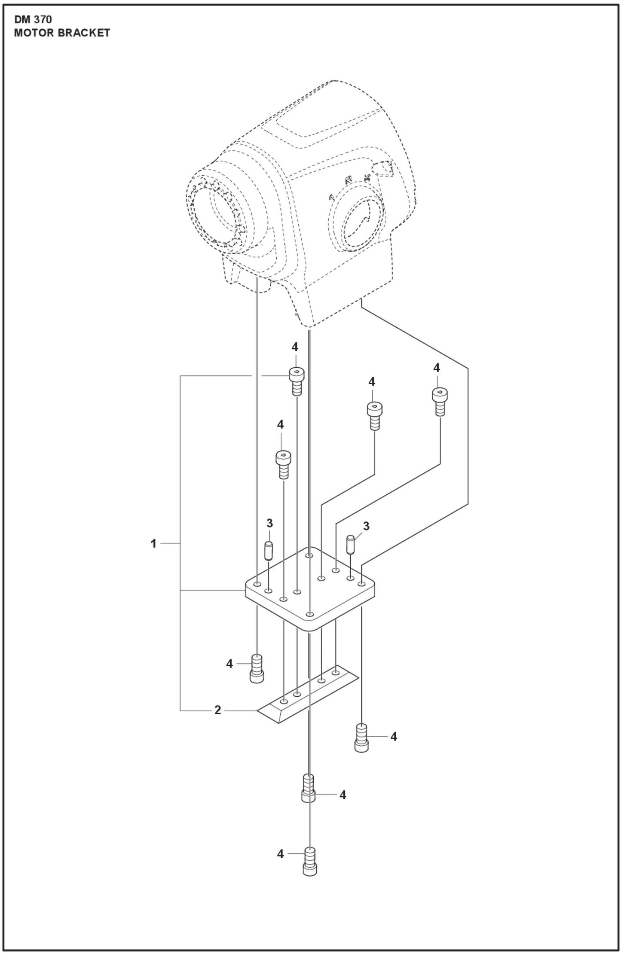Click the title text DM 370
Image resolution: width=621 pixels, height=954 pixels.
coord(33,20)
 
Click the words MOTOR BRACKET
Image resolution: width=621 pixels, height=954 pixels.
coord(62,34)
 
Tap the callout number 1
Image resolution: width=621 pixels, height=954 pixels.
coord(153,544)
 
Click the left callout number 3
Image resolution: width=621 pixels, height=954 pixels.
coord(269,523)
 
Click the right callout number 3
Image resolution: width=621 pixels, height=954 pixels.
coord(366,526)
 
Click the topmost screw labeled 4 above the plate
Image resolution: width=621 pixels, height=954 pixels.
coord(295,380)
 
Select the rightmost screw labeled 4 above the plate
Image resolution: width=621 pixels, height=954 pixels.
coord(439,401)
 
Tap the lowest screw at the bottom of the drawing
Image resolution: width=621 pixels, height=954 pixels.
coord(309,861)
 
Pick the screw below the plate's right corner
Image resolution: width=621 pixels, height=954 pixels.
coord(361,738)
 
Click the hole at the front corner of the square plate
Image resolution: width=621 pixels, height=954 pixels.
coord(309,614)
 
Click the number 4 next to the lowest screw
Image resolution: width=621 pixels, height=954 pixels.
coord(280,854)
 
